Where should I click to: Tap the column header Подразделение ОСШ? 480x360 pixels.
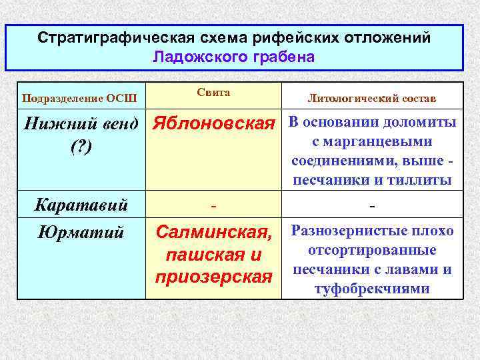(79, 99)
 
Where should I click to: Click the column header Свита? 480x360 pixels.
(213, 93)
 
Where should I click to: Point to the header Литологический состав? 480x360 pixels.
(372, 99)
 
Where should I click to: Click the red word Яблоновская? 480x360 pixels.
(213, 123)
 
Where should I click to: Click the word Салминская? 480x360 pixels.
(213, 233)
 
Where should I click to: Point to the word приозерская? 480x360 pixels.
(213, 276)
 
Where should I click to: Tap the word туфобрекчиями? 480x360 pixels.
(372, 289)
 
